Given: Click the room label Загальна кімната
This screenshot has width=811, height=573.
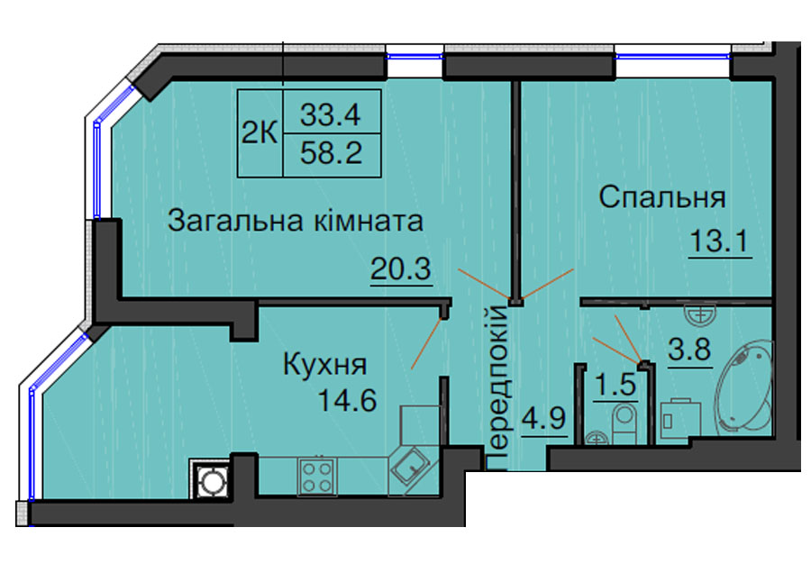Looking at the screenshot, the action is (x=296, y=221).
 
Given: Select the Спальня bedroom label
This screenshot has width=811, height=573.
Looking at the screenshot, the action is (x=662, y=197).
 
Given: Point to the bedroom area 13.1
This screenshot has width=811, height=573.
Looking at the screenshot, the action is (x=719, y=241).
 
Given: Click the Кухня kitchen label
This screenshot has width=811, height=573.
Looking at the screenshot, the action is (x=324, y=365).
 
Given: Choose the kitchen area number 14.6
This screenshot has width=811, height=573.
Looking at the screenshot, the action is (x=347, y=400).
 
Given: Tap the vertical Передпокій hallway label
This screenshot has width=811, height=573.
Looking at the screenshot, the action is (x=498, y=387).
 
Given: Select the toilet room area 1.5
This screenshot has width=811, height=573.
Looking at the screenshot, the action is (x=615, y=385).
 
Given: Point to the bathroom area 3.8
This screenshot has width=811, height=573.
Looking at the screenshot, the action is (x=690, y=350).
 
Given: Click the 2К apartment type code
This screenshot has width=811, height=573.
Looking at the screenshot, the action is (x=260, y=134).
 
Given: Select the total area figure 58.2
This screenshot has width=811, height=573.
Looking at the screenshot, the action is (x=331, y=152).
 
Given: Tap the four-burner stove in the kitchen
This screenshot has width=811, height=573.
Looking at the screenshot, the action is (x=317, y=477).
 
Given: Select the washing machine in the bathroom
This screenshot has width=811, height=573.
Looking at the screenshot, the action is (x=680, y=421).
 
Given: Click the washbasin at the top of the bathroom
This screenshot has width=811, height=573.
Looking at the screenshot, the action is (x=700, y=314).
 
